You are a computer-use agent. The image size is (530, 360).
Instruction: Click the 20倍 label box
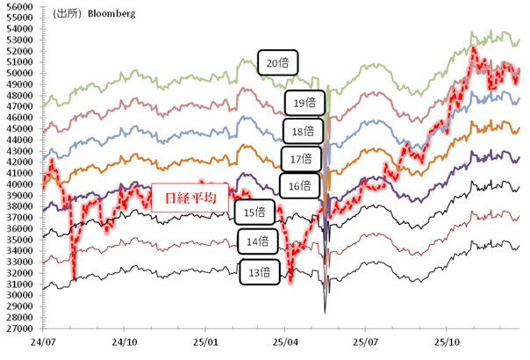pos(280,62)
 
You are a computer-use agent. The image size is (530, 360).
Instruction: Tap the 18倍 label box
pos(303,132)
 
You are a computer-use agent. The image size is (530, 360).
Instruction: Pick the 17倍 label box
pos(302,159)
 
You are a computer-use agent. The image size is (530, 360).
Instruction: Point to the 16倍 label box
pos(299,185)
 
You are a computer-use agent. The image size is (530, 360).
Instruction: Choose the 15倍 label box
pos(254,212)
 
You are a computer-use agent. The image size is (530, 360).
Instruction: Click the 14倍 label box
pos(257,241)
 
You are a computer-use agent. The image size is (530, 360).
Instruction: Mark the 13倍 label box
pos(259,272)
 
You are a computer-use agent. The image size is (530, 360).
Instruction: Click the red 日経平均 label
pos(190,198)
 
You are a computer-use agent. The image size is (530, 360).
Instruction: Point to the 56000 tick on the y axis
pos(18,6)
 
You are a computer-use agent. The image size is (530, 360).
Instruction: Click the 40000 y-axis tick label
pos(18,184)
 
